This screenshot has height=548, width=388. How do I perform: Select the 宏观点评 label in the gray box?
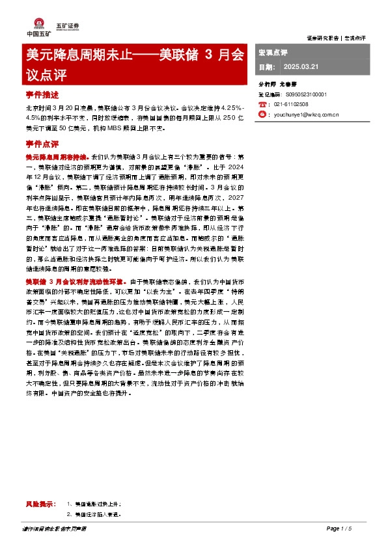(273, 51)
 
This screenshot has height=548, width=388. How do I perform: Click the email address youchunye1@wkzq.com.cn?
(305, 113)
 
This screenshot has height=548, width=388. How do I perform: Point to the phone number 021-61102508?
(291, 103)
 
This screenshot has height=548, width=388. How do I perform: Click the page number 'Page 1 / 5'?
(339, 528)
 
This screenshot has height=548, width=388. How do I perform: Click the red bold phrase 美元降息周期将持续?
(57, 158)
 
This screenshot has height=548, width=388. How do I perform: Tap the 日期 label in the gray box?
(266, 67)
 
